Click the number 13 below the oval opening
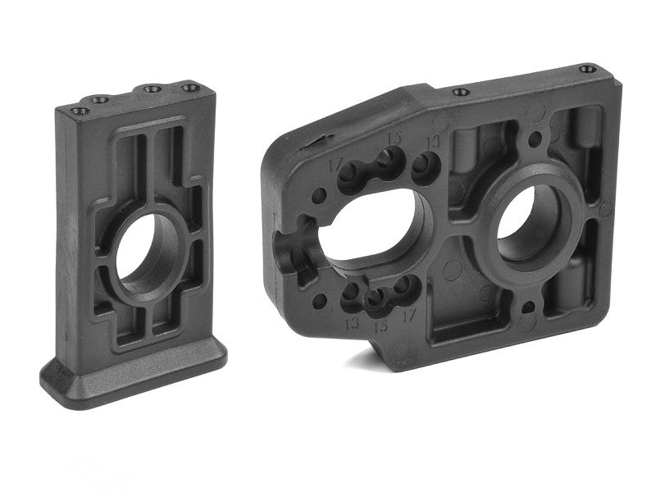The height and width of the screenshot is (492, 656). (353, 322)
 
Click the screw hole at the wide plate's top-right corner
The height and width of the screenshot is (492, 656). (587, 69)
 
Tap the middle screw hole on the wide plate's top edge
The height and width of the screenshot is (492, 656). (461, 92)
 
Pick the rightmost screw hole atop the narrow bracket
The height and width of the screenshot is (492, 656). (189, 88)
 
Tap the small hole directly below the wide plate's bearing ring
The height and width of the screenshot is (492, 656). (528, 308)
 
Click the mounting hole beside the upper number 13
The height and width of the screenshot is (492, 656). (424, 167)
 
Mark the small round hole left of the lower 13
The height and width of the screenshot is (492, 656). (320, 301)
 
